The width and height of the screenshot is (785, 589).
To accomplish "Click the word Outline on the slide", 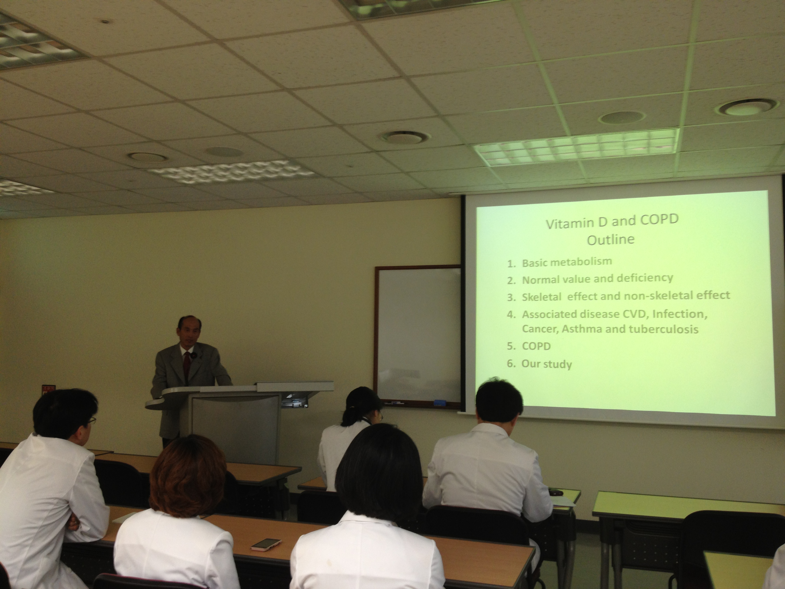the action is pos(610,240).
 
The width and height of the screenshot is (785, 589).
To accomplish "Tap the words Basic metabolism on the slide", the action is pos(567,262).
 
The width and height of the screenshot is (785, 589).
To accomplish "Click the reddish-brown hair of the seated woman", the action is pos(187,475).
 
